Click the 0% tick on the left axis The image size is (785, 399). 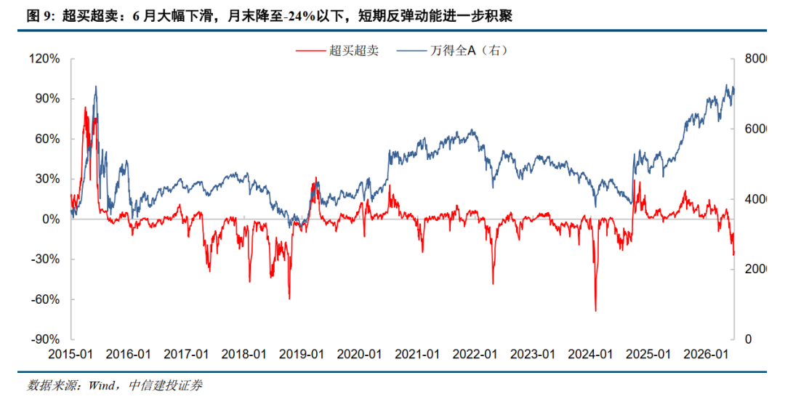52,219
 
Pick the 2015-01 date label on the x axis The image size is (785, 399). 71,355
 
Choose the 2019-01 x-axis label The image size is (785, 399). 302,355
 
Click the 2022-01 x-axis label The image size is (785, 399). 475,355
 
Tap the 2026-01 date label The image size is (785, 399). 705,355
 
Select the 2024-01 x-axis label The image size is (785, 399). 590,355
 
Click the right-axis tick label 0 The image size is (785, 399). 748,339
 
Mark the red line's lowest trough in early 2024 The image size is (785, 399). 596,311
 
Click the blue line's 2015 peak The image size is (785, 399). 96,86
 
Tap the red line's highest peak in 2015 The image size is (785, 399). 85,107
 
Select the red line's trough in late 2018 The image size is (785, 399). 289,299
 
